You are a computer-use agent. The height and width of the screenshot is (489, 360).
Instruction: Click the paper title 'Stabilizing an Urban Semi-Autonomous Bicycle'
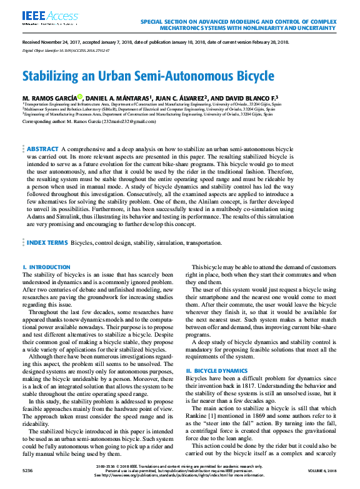coord(148,77)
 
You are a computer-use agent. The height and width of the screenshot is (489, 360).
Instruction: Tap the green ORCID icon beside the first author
coord(97,97)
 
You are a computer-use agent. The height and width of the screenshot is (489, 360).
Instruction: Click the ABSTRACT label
coord(42,149)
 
